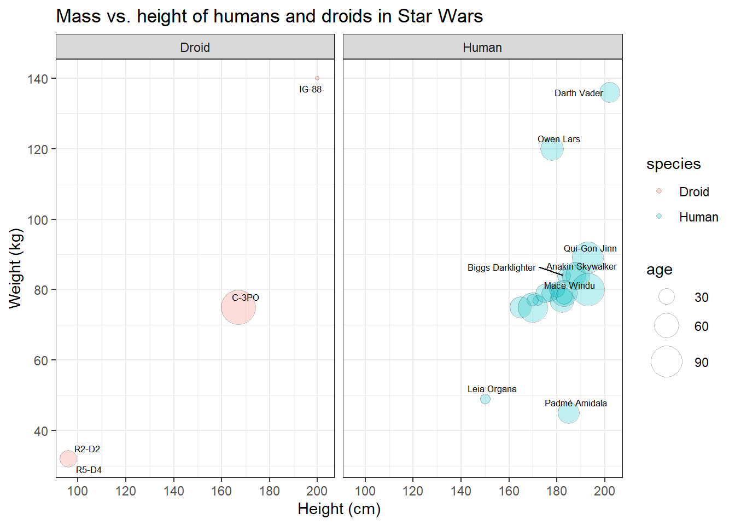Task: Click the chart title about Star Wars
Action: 269,16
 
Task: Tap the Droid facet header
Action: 195,48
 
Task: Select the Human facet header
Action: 482,48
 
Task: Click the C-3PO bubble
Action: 238,307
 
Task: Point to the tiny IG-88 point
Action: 317,78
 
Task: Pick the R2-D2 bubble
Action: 68,459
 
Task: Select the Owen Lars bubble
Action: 552,149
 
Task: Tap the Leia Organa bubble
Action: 485,399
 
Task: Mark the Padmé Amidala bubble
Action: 569,413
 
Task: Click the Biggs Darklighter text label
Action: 501,267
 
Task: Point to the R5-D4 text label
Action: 89,470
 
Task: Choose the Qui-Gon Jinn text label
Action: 590,248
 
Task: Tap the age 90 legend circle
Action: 667,361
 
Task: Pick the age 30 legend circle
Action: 667,297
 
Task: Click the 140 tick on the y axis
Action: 38,79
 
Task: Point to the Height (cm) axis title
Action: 339,509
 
